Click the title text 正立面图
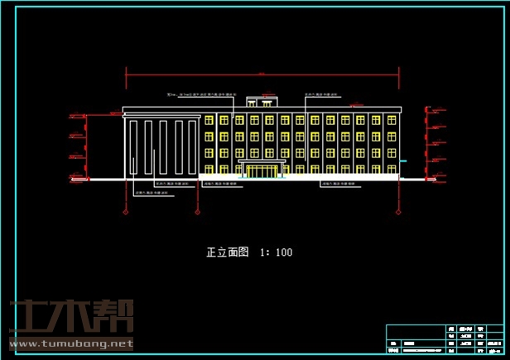(x=227, y=252)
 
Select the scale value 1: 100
(x=276, y=252)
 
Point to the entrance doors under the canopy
(x=262, y=171)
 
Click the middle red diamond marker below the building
(x=197, y=211)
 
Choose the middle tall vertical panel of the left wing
(x=162, y=147)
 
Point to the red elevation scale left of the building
(x=82, y=144)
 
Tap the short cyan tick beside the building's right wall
(x=403, y=161)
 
